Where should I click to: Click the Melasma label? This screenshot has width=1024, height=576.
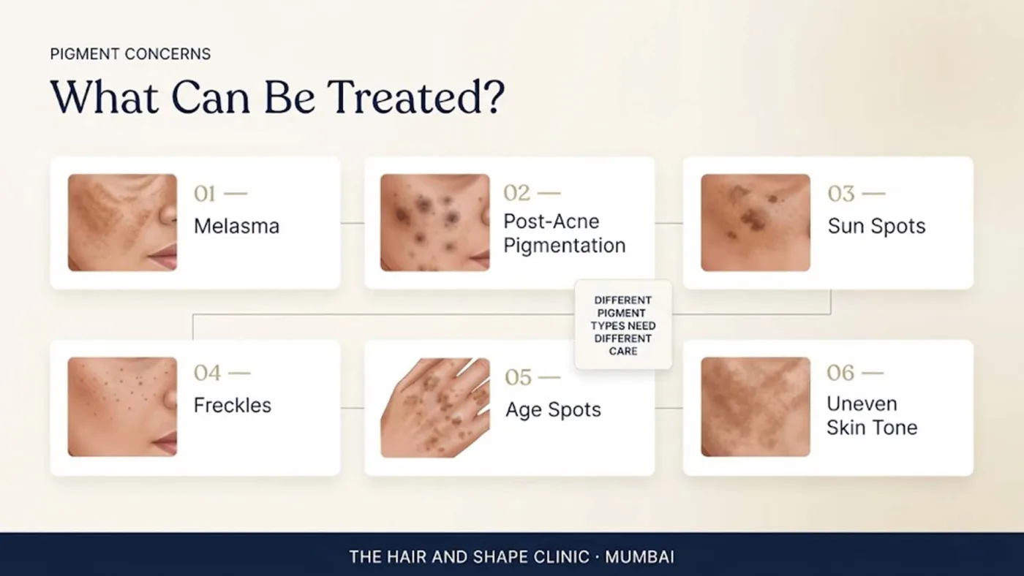[236, 226]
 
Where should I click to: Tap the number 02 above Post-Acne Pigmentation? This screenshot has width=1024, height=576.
[516, 193]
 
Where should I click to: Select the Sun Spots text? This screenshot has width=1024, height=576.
[876, 226]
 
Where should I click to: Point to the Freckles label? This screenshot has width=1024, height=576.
[233, 405]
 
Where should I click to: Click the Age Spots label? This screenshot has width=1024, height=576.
[553, 409]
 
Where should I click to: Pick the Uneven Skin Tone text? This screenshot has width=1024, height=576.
[872, 416]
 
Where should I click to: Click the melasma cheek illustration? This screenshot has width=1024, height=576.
[123, 222]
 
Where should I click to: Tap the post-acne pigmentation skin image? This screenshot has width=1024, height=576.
[434, 222]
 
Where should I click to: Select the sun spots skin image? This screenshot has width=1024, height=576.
[756, 222]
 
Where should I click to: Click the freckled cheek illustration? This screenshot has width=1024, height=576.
[123, 406]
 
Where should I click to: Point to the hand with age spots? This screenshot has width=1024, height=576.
[434, 407]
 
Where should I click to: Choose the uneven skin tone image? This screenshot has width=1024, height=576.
[756, 406]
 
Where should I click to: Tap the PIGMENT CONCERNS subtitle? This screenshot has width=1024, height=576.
[130, 54]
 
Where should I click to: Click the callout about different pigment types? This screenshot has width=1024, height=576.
[623, 325]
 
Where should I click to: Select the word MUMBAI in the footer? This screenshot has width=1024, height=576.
[639, 557]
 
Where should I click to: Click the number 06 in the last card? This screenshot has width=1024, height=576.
[840, 373]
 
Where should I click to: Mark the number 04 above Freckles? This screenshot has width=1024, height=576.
[207, 373]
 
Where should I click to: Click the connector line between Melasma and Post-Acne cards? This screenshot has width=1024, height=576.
[353, 224]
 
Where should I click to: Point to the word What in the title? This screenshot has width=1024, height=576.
[104, 97]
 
